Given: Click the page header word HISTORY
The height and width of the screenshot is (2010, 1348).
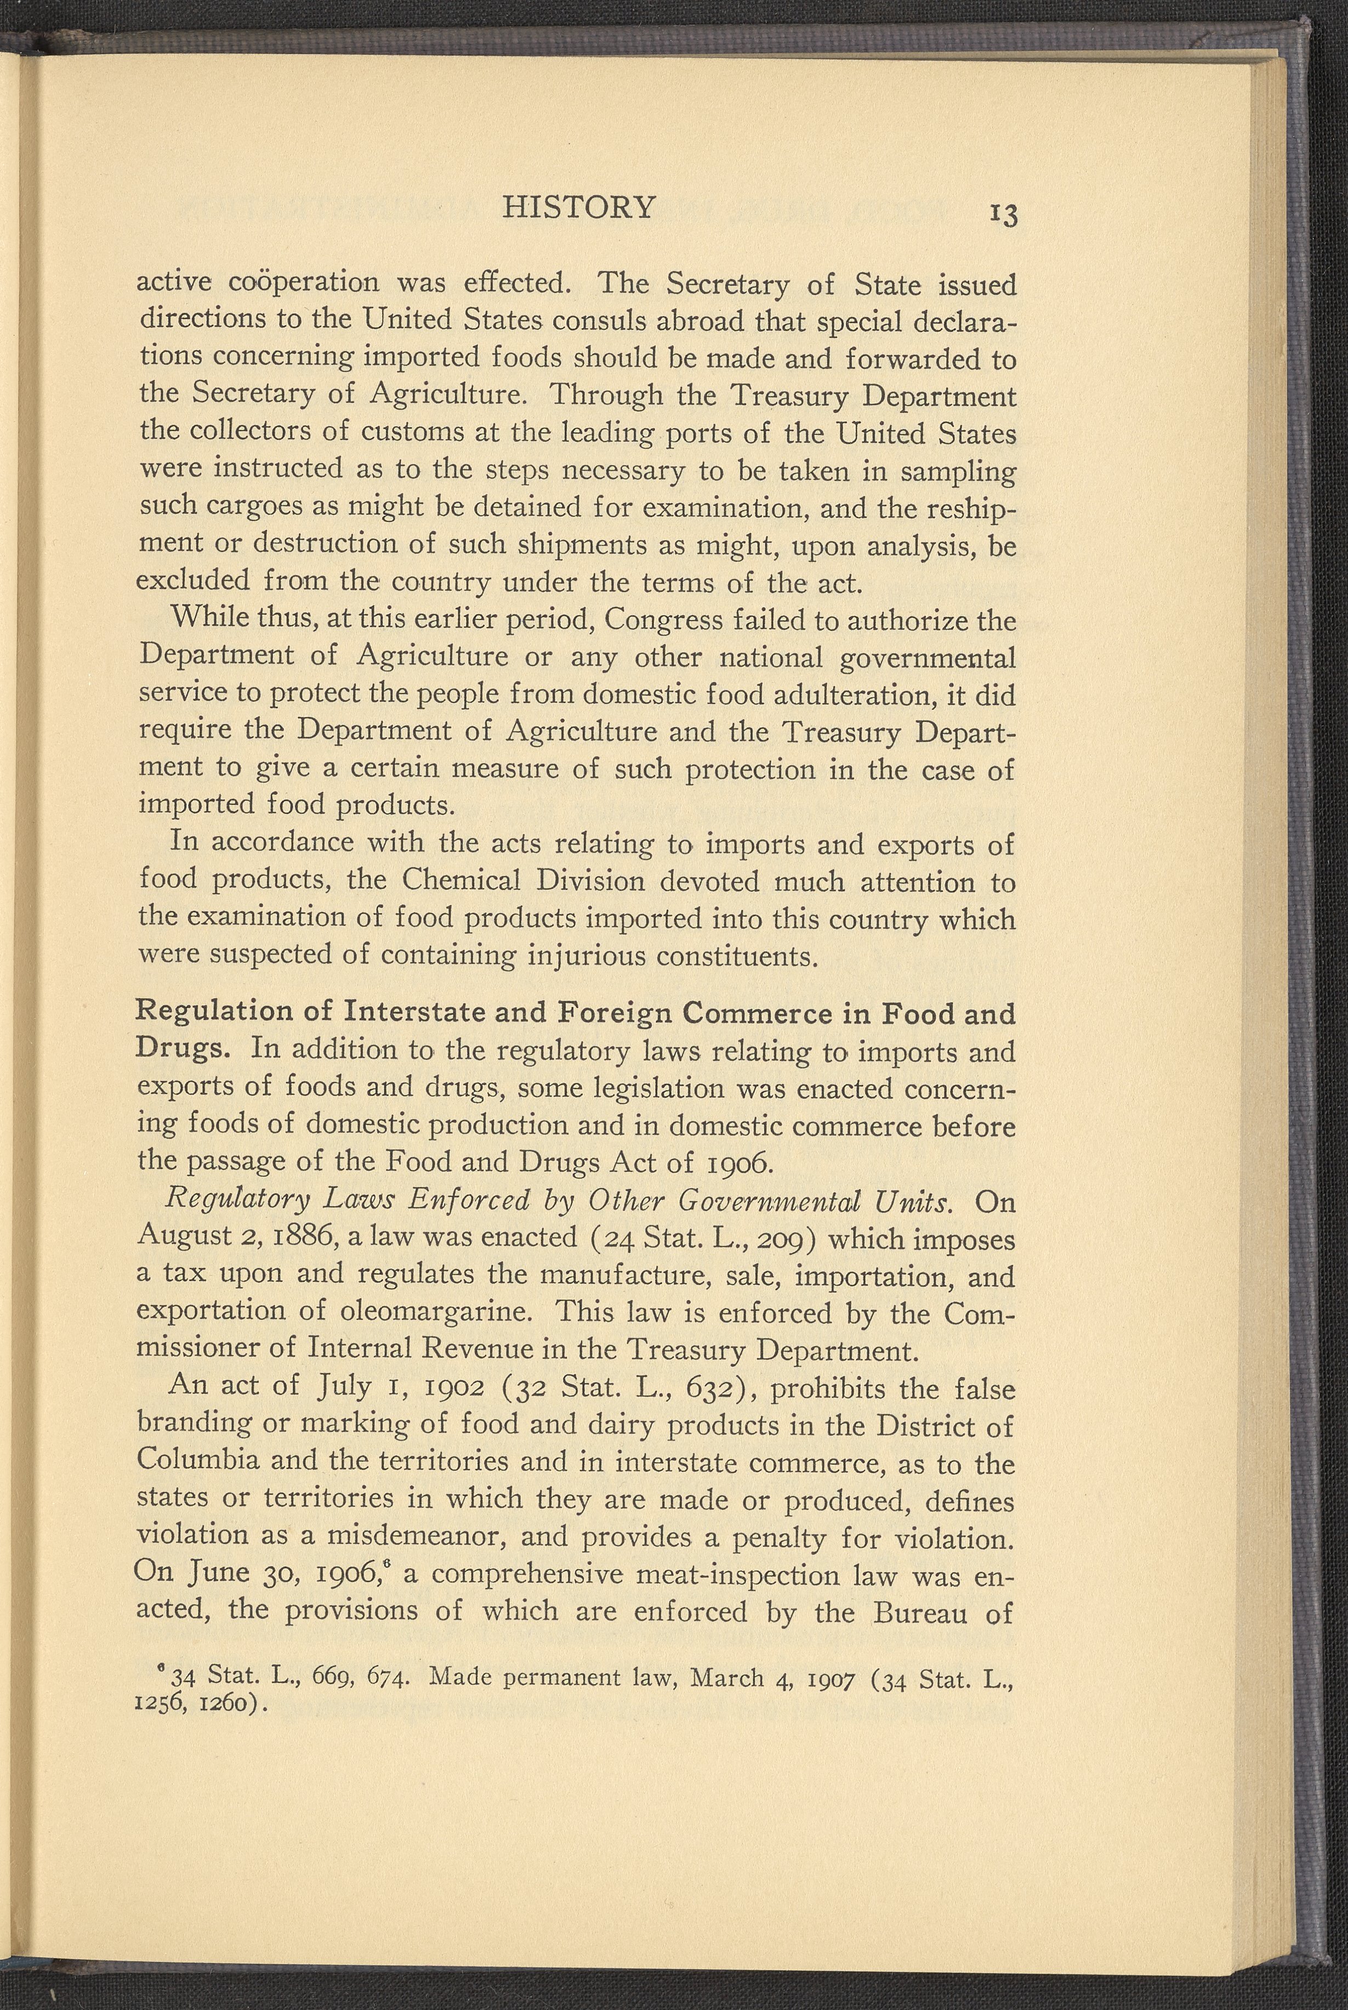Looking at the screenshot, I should pos(578,207).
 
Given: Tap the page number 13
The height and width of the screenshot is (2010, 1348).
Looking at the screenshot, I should pos(1003,214).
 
